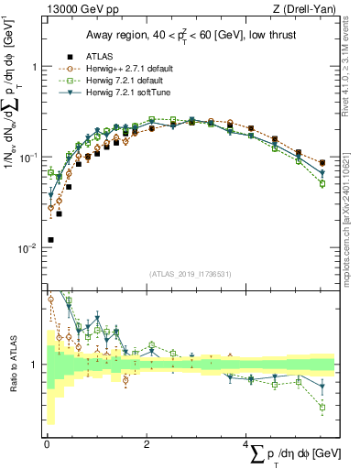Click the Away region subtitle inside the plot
[x=191, y=34]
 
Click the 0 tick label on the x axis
[x=47, y=442]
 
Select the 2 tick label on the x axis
[x=147, y=442]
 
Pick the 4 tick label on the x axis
[x=246, y=442]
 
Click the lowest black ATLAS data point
[x=50, y=240]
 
